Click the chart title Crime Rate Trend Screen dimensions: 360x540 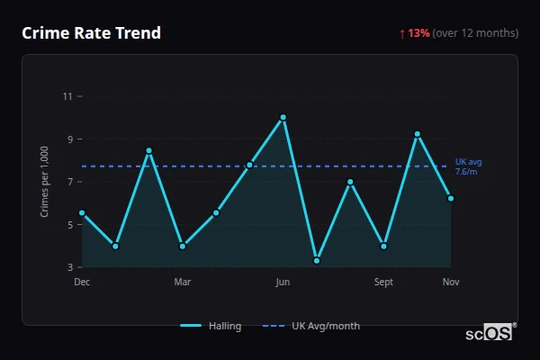click(x=92, y=33)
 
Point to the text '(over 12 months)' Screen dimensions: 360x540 click(x=475, y=33)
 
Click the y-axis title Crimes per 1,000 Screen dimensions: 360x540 click(x=45, y=182)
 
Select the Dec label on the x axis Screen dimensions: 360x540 click(x=82, y=282)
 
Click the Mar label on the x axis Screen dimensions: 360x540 click(x=183, y=282)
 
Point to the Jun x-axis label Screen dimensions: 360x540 click(x=283, y=282)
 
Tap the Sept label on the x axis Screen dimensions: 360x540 click(x=384, y=282)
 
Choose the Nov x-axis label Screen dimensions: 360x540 click(x=451, y=282)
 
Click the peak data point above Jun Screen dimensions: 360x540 click(x=283, y=117)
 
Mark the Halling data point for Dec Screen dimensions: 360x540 click(x=82, y=213)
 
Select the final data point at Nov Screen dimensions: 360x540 click(x=451, y=198)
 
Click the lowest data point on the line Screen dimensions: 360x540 click(x=317, y=261)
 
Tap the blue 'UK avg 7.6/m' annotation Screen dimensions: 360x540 click(x=468, y=166)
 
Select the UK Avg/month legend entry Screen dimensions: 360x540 click(x=312, y=326)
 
